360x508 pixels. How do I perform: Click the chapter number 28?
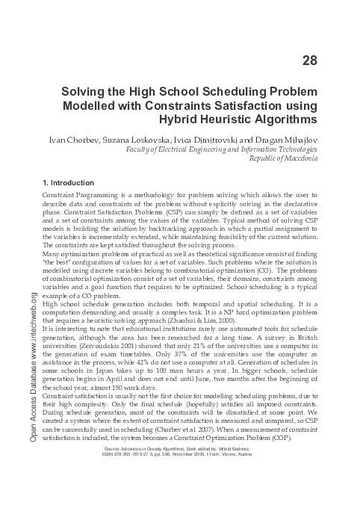click(309, 60)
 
